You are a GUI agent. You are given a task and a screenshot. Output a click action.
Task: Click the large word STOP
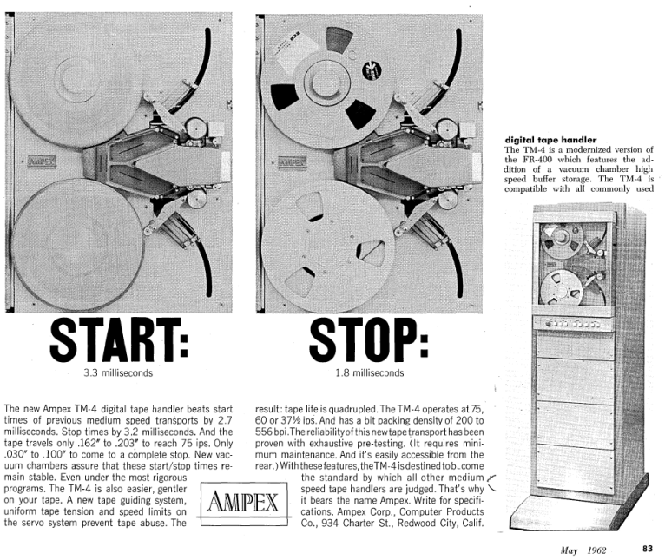point(368,340)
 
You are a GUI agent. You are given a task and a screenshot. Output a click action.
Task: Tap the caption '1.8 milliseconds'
point(369,374)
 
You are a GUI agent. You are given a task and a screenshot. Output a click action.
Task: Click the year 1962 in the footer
point(596,549)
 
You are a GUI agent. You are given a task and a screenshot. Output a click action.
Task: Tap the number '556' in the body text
point(267,432)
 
